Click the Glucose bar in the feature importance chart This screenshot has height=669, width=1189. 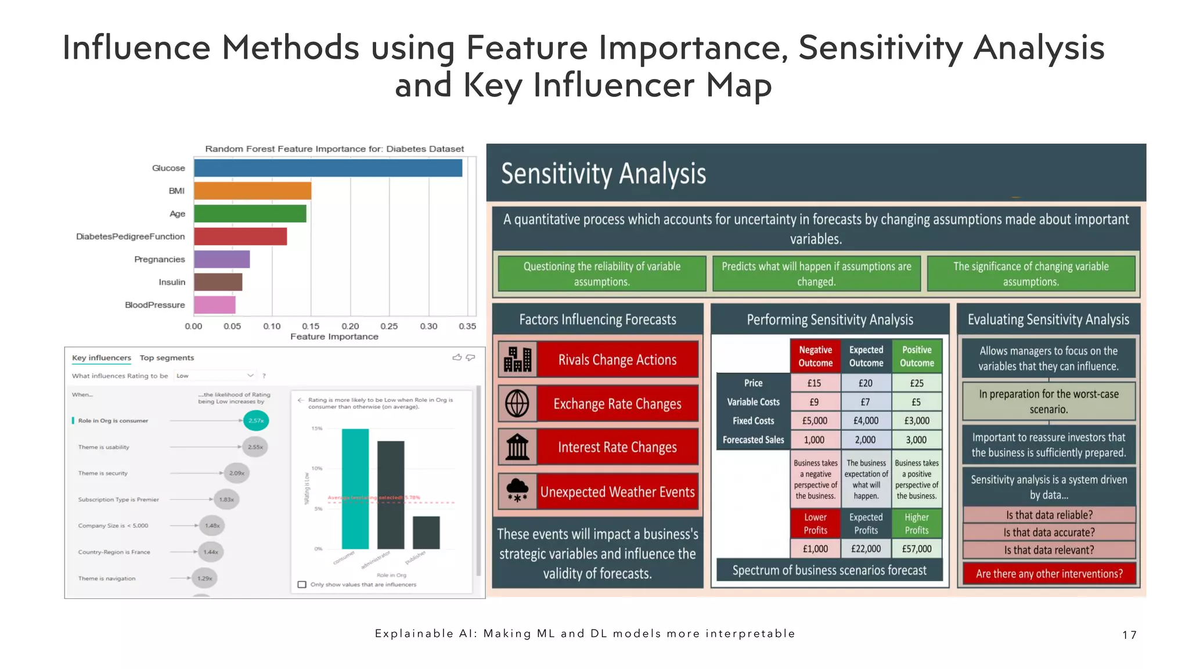[x=328, y=168]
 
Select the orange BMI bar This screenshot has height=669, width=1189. [x=253, y=190]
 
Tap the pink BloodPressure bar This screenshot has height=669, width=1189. [x=215, y=305]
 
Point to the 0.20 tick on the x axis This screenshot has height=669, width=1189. [x=350, y=326]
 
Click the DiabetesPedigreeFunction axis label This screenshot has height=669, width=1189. [x=131, y=236]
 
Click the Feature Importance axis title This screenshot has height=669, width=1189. [x=334, y=337]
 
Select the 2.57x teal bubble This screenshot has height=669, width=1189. [x=256, y=420]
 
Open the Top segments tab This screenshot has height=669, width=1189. [x=167, y=358]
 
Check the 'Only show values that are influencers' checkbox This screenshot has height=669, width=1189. [x=302, y=584]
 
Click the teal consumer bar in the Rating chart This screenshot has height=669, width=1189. [x=355, y=489]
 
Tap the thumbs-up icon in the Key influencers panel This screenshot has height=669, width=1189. [x=457, y=357]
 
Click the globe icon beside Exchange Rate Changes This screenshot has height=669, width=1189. [x=517, y=403]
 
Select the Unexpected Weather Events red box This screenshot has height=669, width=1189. [x=617, y=492]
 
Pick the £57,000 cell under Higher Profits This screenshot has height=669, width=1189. [x=916, y=549]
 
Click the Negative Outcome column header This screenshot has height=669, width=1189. [x=815, y=357]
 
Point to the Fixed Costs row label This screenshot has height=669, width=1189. [x=753, y=421]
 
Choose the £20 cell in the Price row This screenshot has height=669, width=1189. [x=865, y=383]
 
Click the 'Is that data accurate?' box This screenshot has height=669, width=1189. [x=1049, y=533]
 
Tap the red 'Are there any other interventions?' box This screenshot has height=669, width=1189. [x=1049, y=574]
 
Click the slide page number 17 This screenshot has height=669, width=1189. [x=1129, y=635]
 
